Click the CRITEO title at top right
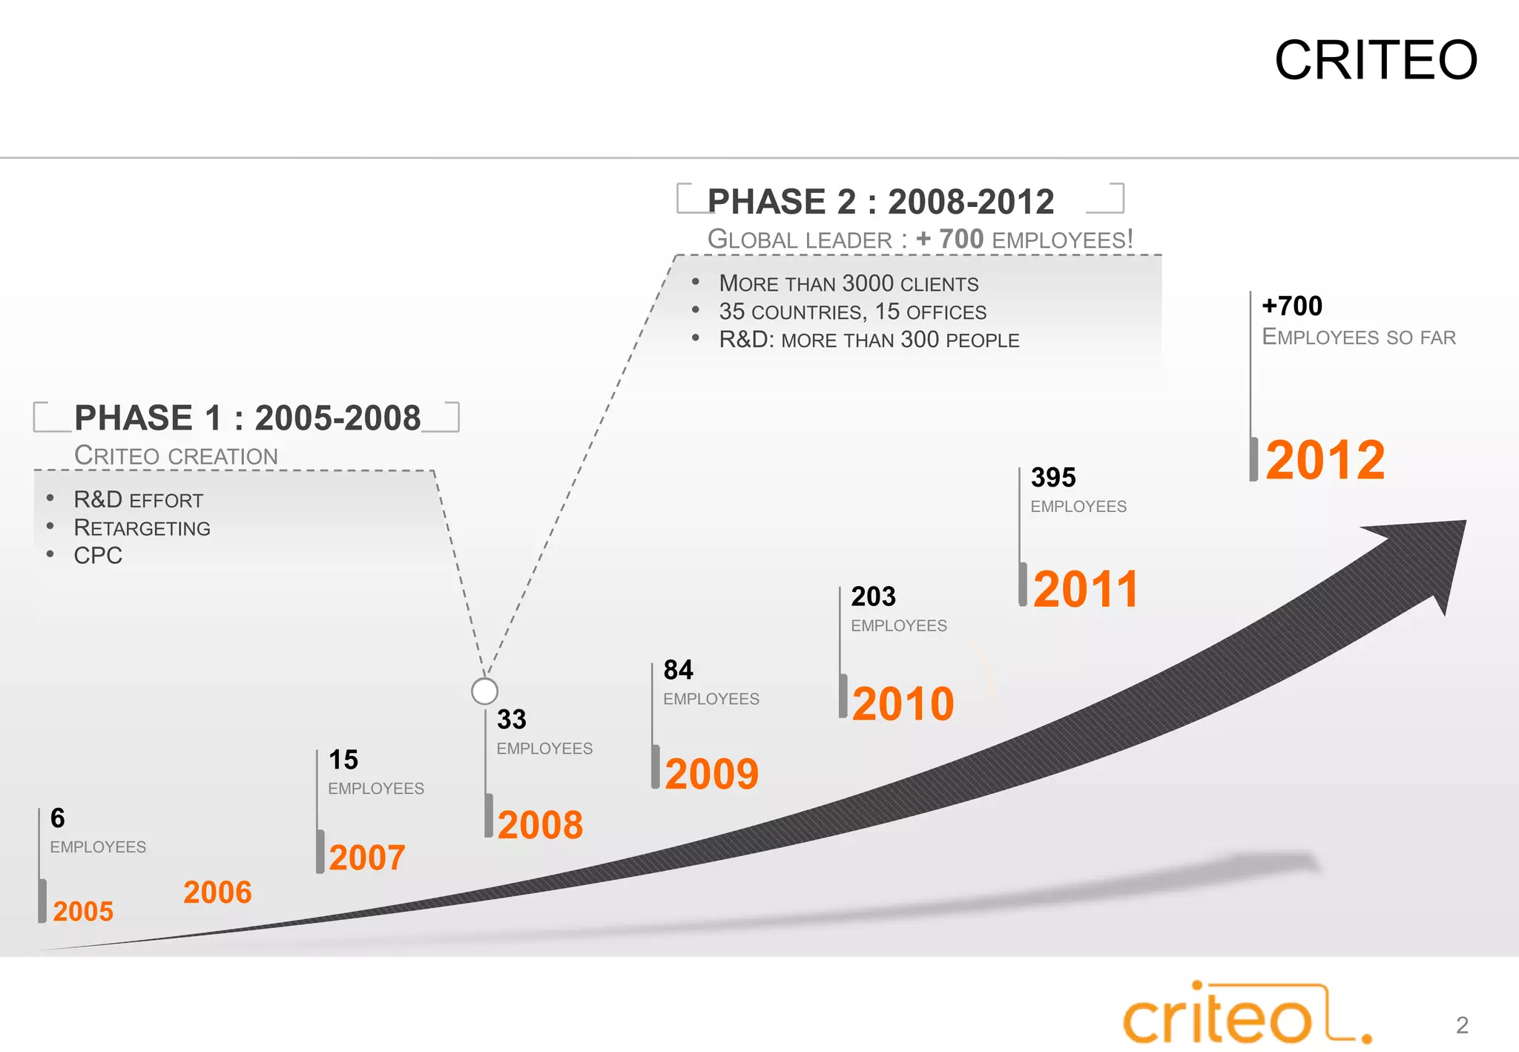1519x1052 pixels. point(1376,60)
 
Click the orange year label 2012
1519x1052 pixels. point(1325,460)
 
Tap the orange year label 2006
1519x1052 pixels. point(217,892)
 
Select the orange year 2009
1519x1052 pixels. point(711,774)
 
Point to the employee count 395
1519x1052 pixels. point(1052,477)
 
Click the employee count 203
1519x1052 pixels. point(873,596)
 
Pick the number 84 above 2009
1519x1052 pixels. point(678,670)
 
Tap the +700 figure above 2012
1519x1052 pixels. point(1291,306)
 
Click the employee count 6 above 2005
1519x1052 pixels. point(57,818)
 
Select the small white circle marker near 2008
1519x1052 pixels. point(484,691)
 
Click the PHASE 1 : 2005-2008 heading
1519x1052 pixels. point(247,418)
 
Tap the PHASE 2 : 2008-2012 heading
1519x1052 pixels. point(880,202)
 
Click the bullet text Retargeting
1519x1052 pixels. point(142,527)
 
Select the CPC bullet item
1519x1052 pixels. point(98,555)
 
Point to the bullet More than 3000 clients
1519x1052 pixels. point(848,283)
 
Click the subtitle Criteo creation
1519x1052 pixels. point(176,456)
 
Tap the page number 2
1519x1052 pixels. point(1462,1025)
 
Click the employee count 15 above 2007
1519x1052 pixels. point(343,760)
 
